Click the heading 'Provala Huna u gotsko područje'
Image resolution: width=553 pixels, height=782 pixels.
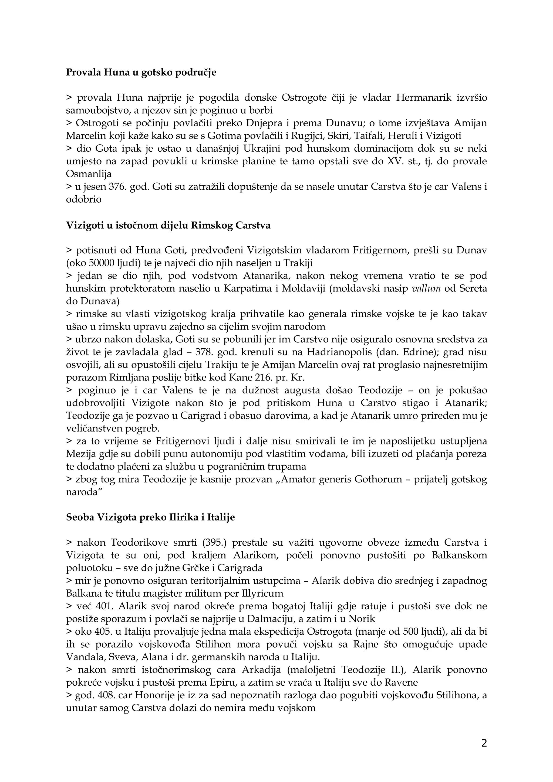tap(141, 73)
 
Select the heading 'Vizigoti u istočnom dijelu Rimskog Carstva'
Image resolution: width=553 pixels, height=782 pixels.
tap(168, 226)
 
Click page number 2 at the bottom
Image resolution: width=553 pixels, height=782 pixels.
tap(484, 743)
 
